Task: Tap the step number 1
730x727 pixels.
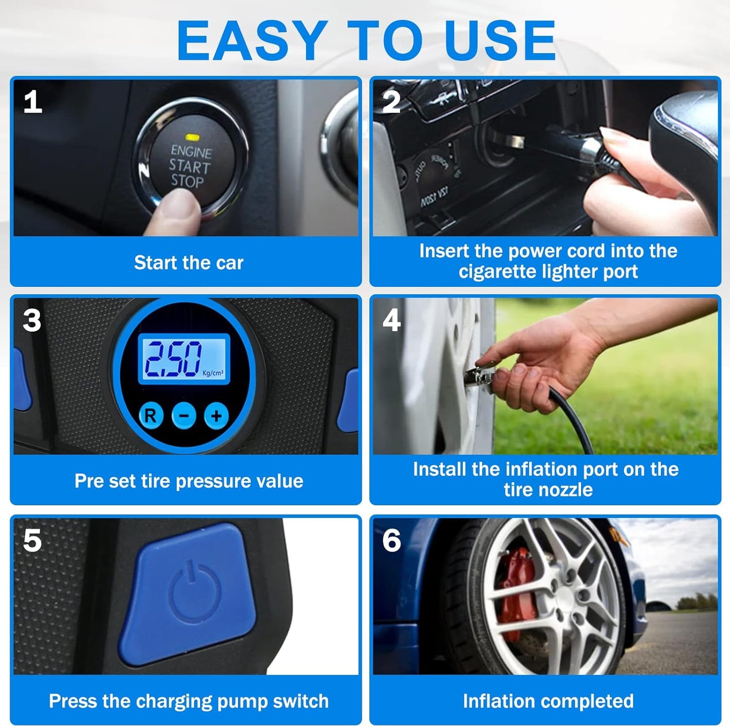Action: [32, 102]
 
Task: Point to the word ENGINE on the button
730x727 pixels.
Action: [191, 151]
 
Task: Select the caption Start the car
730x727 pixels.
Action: [188, 263]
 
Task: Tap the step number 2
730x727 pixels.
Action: [392, 102]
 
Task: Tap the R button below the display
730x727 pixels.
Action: [151, 416]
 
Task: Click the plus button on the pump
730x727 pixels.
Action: [217, 416]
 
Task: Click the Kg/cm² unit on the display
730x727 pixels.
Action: [213, 373]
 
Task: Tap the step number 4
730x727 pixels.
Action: [392, 320]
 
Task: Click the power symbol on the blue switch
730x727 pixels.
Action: [194, 590]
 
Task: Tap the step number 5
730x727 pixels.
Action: [32, 541]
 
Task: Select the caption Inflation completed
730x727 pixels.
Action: [548, 701]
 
